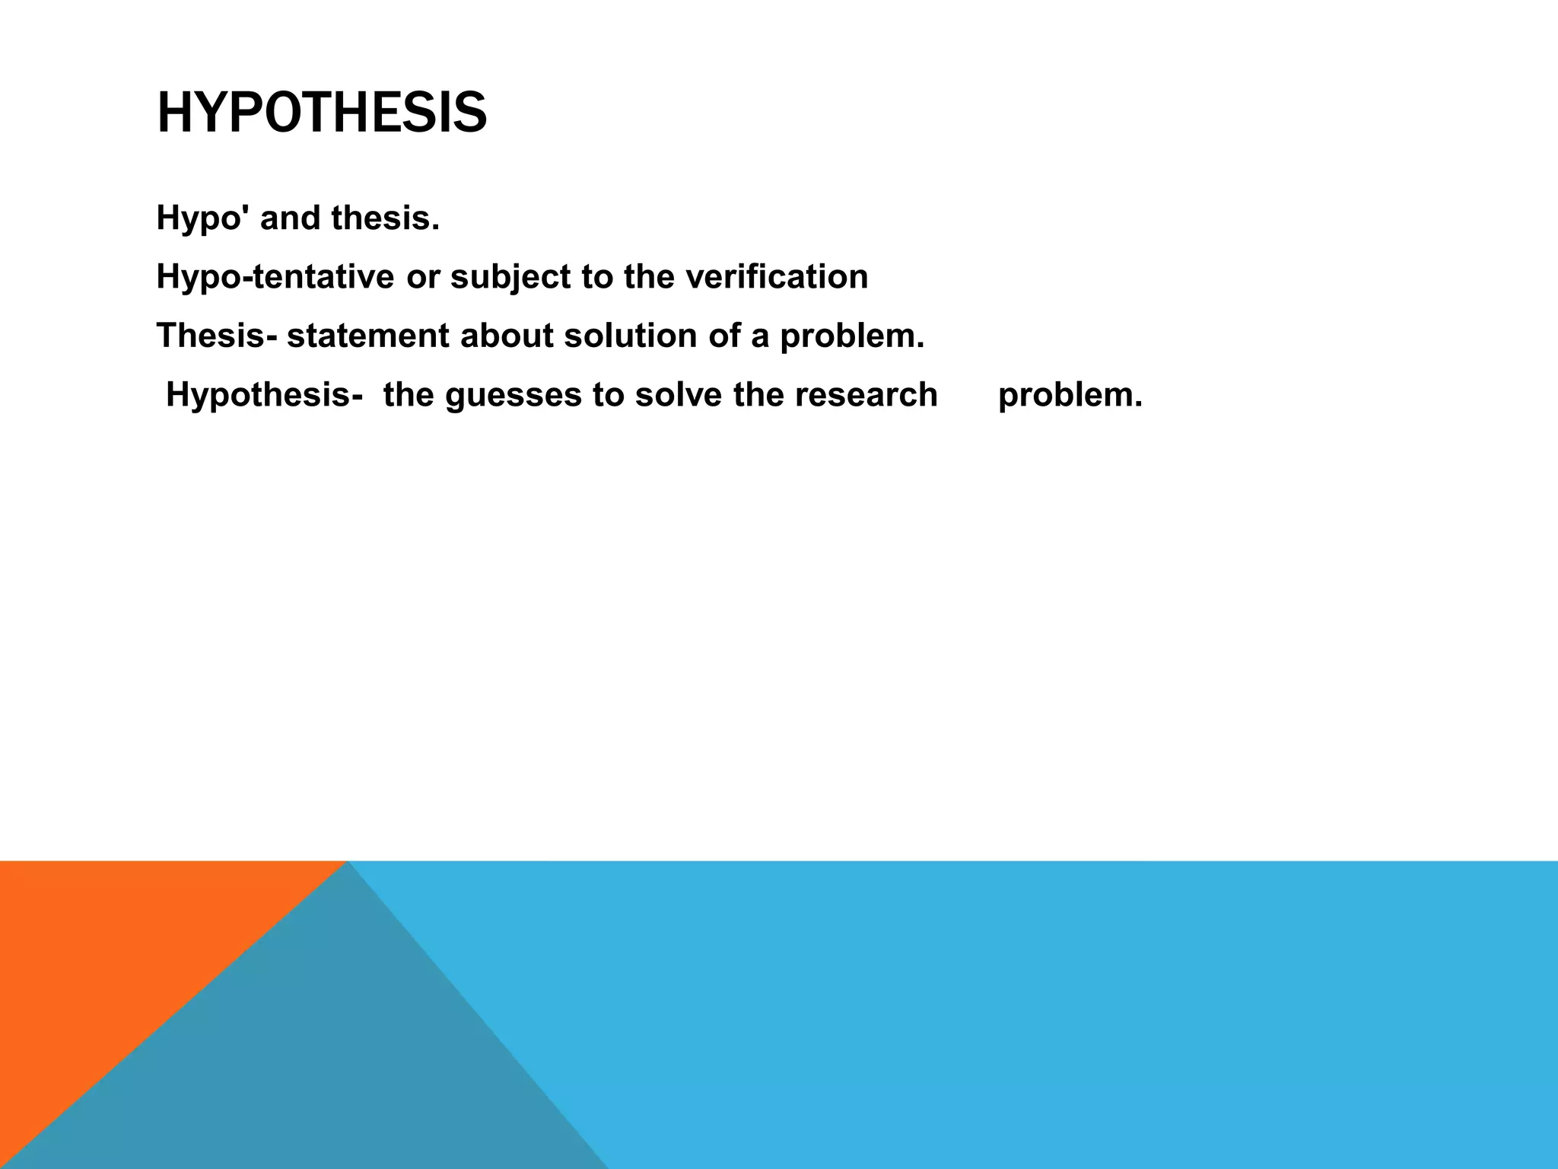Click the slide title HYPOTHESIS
click(x=321, y=113)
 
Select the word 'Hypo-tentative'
click(x=275, y=277)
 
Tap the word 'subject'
click(x=510, y=277)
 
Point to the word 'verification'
click(x=776, y=277)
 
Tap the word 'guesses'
click(x=513, y=395)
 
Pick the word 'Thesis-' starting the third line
click(x=216, y=336)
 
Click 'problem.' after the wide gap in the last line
click(x=1070, y=395)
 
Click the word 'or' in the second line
click(x=422, y=277)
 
